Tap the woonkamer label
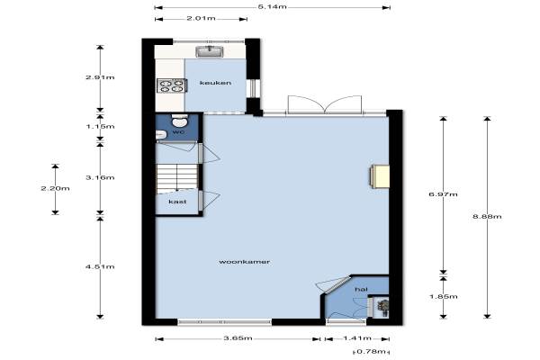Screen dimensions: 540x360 (x=244, y=262)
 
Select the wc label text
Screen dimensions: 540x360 (x=178, y=132)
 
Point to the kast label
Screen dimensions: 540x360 (x=177, y=202)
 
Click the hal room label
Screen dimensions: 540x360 (x=361, y=290)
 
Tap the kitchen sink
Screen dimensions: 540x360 (x=210, y=51)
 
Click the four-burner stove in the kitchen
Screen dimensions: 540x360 (x=172, y=85)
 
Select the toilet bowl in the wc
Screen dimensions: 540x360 (x=180, y=121)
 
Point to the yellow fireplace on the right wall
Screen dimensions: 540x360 (x=380, y=176)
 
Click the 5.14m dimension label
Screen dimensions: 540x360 (x=272, y=6)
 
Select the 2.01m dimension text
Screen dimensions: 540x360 (x=201, y=18)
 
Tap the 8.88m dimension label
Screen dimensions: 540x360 (x=487, y=216)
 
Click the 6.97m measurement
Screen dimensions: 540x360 (x=443, y=194)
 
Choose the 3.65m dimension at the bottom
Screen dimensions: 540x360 (x=238, y=338)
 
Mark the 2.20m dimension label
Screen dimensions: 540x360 (x=55, y=188)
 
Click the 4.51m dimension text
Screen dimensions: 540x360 (x=100, y=266)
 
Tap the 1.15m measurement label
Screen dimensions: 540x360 (x=100, y=126)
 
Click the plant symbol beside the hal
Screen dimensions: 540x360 (x=382, y=307)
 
